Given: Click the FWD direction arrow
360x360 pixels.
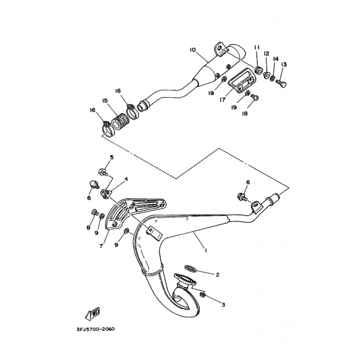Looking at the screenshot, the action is click(93, 313).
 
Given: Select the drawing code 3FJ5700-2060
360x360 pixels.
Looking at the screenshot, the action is click(96, 329).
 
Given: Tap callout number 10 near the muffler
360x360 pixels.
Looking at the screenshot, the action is click(193, 49).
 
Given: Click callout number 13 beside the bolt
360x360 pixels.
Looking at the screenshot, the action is click(284, 64).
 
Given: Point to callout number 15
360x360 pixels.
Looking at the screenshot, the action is click(105, 101).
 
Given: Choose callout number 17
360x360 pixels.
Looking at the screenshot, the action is click(222, 100).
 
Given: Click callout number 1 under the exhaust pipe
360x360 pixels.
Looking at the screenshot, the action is click(206, 250).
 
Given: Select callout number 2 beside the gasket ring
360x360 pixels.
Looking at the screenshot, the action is click(218, 274).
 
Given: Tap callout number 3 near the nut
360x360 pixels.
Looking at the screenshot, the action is click(223, 305).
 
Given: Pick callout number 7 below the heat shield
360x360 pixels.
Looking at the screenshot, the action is click(101, 246).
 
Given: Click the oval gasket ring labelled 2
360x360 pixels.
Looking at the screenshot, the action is click(190, 268).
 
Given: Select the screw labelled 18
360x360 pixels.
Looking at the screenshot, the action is click(255, 97).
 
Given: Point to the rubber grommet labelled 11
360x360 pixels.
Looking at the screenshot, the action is click(258, 70).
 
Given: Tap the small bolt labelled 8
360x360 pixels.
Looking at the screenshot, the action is click(95, 212).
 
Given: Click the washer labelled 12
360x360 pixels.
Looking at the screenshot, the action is click(266, 75).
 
